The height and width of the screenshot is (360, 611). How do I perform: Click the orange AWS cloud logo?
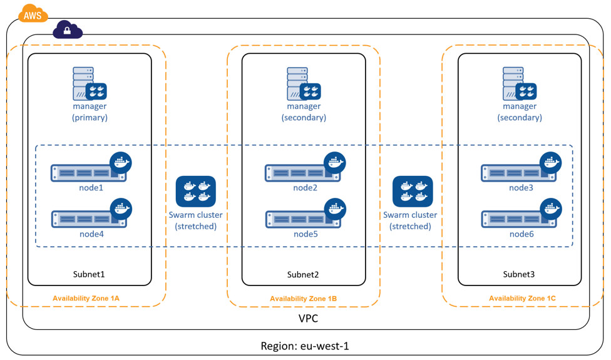[x=33, y=14]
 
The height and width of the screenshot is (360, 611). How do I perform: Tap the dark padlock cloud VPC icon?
[x=68, y=29]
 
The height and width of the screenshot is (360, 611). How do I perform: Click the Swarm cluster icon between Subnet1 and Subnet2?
[x=196, y=192]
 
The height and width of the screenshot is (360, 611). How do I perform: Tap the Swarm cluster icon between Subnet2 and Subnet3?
[x=412, y=192]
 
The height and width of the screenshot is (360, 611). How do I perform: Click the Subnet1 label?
[x=89, y=274]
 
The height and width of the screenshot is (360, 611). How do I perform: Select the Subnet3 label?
[x=519, y=274]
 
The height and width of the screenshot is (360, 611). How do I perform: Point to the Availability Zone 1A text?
[x=86, y=298]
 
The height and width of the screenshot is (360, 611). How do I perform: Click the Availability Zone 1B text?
[x=303, y=299]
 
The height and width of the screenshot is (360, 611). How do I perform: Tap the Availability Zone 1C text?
[x=522, y=298]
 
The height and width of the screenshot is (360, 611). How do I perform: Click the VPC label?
[x=308, y=319]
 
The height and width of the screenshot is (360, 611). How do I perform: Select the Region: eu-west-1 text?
[x=309, y=346]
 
